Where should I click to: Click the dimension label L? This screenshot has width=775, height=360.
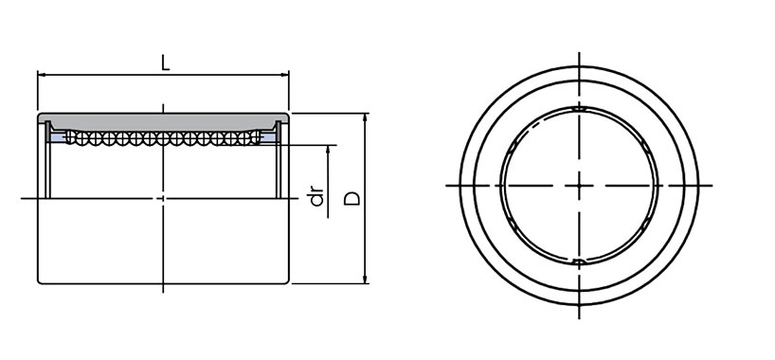[x=166, y=63]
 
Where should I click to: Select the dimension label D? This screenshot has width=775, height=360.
[x=352, y=199]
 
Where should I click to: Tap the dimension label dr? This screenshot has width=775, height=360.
[x=316, y=196]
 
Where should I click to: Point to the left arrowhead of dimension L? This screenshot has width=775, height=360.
[x=42, y=75]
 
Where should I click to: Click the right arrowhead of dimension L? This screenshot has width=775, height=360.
[x=285, y=75]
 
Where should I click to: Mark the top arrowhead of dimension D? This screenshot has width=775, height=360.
[x=366, y=117]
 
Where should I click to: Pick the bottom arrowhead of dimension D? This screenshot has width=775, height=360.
[x=366, y=279]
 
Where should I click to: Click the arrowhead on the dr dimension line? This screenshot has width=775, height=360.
[x=328, y=149]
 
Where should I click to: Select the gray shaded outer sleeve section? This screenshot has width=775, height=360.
[x=163, y=121]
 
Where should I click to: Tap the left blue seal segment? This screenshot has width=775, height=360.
[x=58, y=137]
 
